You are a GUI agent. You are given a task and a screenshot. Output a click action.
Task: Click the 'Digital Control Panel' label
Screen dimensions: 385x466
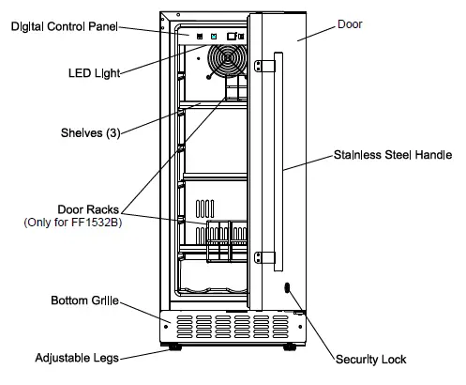click(x=64, y=27)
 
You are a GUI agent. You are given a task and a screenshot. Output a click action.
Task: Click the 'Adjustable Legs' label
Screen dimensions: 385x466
click(x=74, y=358)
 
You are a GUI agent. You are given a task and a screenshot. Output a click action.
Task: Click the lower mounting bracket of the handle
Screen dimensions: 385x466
click(x=265, y=254)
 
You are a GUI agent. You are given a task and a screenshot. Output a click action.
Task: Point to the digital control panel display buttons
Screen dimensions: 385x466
click(x=216, y=37)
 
